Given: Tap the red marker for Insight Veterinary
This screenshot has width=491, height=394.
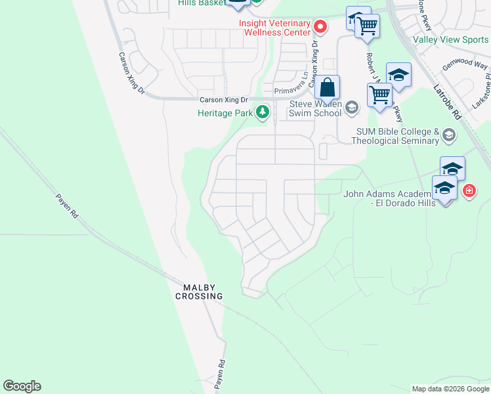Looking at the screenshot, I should click(x=320, y=27).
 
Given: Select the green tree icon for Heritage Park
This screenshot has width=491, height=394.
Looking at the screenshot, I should click(x=263, y=112).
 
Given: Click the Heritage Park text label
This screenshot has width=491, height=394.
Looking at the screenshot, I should click(x=225, y=113).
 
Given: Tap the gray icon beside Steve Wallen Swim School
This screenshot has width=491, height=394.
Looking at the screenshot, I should click(x=352, y=107).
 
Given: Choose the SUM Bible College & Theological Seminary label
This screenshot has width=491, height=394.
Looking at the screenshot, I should click(x=396, y=136).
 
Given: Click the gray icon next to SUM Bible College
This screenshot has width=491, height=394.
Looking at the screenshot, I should click(x=449, y=135).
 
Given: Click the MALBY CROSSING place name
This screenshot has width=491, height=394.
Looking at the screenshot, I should click(x=199, y=292).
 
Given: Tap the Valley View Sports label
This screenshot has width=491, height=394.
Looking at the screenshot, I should click(x=450, y=39).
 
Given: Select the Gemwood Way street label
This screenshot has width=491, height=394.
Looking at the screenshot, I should click(x=465, y=66).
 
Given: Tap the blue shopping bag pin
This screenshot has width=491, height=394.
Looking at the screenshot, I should click(x=327, y=87).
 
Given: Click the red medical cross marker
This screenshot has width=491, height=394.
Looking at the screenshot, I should click(x=469, y=191).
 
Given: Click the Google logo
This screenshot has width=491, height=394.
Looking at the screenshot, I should click(x=22, y=386).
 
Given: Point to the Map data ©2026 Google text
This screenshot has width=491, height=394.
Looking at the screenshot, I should click(x=450, y=389).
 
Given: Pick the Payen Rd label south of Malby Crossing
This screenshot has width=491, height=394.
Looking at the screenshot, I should click(x=221, y=374).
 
